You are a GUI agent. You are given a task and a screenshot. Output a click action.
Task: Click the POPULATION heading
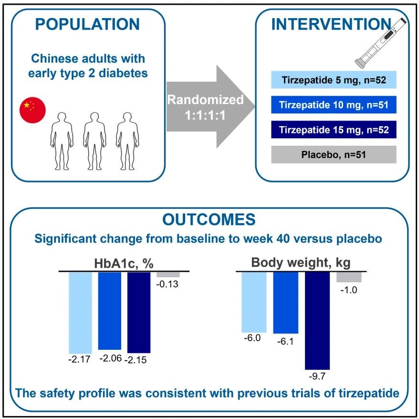click(x=87, y=24)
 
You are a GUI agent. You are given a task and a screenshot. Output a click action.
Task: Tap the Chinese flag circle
click(x=32, y=110)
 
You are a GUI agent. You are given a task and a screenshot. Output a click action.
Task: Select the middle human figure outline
click(x=94, y=141)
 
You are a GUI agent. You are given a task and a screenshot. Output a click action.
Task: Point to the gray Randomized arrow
click(x=210, y=107)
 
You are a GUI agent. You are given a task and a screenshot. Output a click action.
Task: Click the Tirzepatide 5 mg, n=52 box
click(x=334, y=80)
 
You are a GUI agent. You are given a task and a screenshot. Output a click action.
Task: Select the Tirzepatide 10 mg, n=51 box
click(x=334, y=105)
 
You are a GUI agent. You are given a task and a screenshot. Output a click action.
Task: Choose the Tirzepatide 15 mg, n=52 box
click(x=334, y=129)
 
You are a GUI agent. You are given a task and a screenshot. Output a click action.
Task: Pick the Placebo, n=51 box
click(x=334, y=154)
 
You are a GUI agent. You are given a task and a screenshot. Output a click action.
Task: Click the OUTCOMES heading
click(x=209, y=220)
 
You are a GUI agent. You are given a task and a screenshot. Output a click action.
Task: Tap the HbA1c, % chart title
click(x=124, y=263)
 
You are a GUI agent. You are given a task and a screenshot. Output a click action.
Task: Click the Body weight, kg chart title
click(x=301, y=262)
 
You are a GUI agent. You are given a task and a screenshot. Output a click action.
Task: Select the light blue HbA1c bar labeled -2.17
click(x=81, y=313)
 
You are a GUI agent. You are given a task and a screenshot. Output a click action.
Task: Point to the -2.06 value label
click(x=110, y=358)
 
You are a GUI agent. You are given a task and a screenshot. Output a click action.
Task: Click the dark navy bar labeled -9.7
click(x=317, y=321)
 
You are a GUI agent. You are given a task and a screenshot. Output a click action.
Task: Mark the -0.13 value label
click(x=168, y=284)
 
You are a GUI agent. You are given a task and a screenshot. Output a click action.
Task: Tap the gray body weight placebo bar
click(x=349, y=277)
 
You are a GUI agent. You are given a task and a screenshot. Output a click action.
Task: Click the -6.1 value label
click(x=285, y=342)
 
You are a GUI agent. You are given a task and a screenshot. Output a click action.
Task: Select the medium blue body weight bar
click(x=286, y=302)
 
